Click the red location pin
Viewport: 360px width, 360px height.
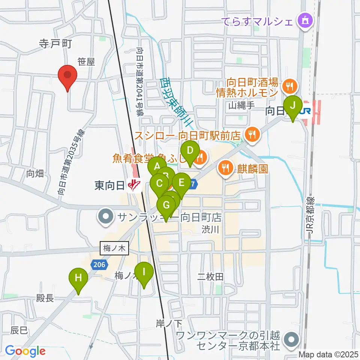(67, 76)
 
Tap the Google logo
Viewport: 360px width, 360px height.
(25, 351)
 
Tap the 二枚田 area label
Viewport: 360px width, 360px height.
(210, 277)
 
